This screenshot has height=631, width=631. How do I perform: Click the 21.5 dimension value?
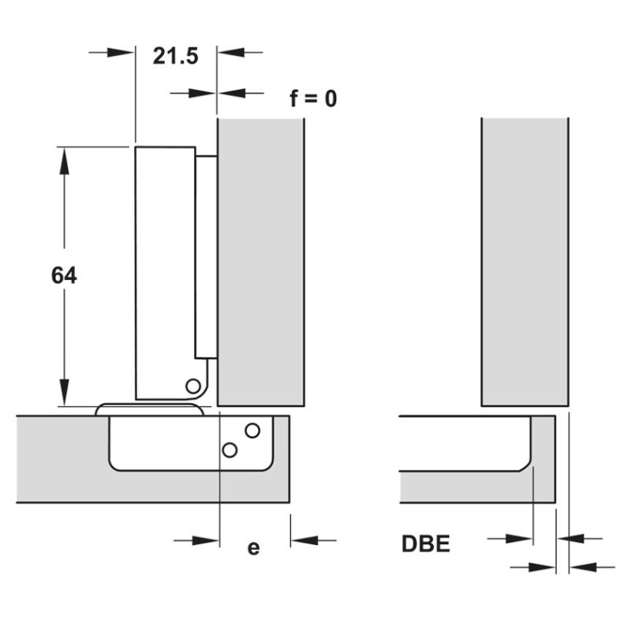175,56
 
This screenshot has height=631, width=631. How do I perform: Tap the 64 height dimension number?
64,275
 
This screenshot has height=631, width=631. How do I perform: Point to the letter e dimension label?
253,548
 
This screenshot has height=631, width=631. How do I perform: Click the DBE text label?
426,543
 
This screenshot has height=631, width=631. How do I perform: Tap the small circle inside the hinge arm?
193,386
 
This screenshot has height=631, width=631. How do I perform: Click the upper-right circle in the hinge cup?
252,431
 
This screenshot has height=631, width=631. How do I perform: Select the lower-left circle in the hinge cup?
230,450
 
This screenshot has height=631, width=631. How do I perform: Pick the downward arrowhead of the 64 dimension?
64,392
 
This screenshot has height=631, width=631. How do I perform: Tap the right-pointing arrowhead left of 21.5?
121,52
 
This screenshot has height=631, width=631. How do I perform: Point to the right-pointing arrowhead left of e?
205,540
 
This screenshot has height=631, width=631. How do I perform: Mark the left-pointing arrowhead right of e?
305,540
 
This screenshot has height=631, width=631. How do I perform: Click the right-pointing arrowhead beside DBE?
519,539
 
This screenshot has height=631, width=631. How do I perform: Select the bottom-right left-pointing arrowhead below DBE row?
583,567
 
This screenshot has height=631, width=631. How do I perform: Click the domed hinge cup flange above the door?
149,409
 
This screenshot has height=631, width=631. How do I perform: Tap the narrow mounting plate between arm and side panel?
207,257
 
